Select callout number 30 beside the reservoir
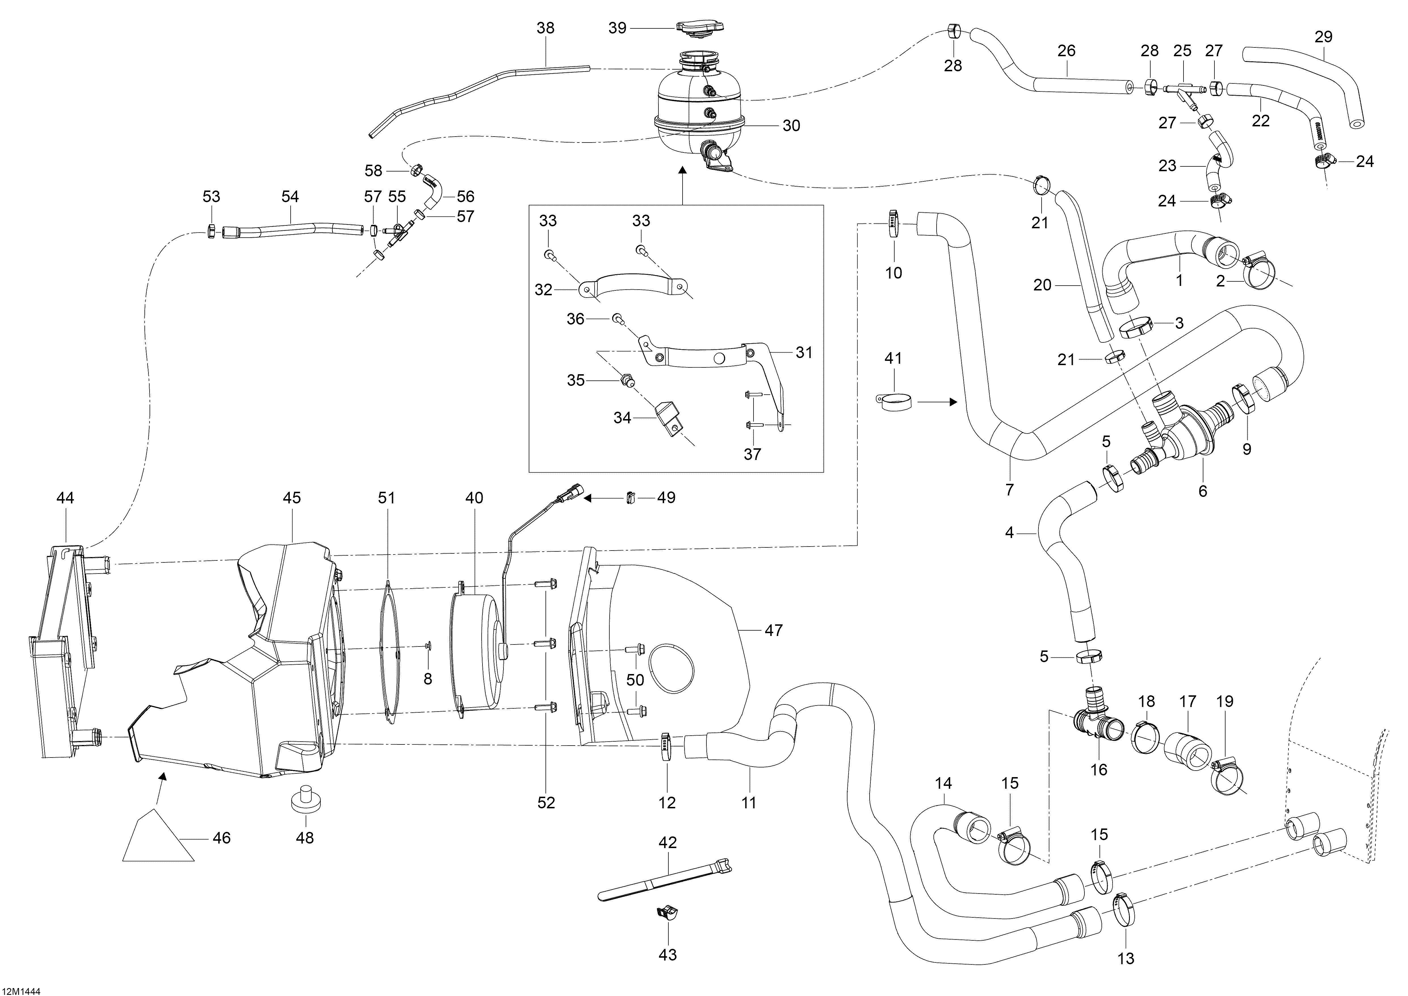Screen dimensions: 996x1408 point(791,126)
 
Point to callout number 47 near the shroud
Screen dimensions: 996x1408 point(774,631)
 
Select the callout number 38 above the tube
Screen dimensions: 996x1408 point(545,28)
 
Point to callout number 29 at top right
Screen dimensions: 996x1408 point(1323,37)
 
